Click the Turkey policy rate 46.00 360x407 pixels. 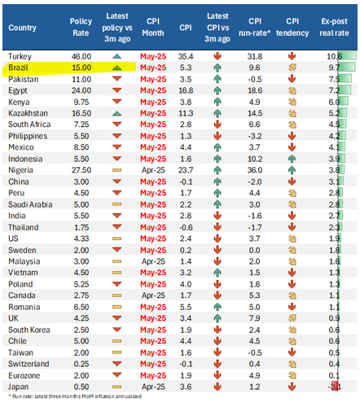tap(81, 56)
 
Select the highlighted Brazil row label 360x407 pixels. tap(18, 68)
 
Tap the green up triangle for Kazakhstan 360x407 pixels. tap(117, 113)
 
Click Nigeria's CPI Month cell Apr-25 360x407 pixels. tap(153, 170)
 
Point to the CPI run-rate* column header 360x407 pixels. tap(255, 27)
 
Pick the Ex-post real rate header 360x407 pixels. tap(334, 27)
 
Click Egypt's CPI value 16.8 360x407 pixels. tap(186, 90)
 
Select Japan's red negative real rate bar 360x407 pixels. tap(335, 387)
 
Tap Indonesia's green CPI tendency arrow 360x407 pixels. tap(292, 159)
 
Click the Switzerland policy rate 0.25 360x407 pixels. tap(81, 364)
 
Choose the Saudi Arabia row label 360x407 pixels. tap(30, 204)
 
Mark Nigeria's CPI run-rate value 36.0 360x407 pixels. tap(255, 170)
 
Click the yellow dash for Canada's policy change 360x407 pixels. tap(117, 295)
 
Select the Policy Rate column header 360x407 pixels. tap(81, 27)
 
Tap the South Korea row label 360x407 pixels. tap(29, 330)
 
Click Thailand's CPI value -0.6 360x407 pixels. tap(186, 227)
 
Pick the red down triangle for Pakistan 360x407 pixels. tap(117, 79)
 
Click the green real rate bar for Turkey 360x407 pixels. tap(347, 56)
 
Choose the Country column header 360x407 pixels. tap(22, 28)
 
